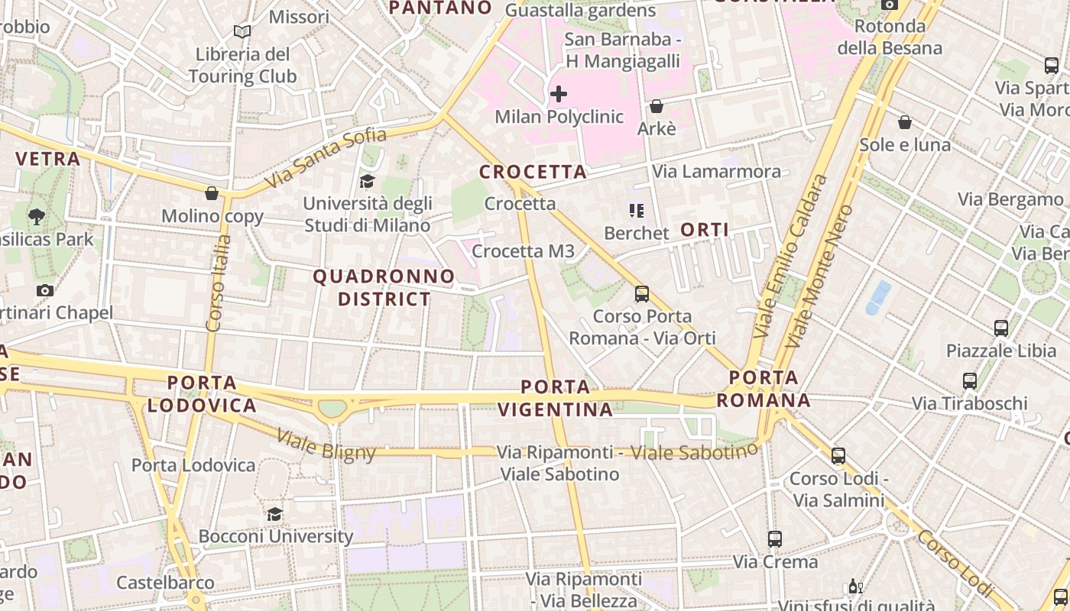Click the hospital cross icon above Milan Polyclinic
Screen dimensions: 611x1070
click(x=559, y=94)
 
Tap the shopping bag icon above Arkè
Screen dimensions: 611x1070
click(x=656, y=106)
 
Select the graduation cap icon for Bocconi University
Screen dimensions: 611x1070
click(x=275, y=514)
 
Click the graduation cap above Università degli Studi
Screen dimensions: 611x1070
click(x=368, y=181)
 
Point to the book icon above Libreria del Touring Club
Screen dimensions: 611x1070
click(x=242, y=32)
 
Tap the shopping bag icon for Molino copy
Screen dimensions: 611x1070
click(x=212, y=193)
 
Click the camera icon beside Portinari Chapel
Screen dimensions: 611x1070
click(x=45, y=290)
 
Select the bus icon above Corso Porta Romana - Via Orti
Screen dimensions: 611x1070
click(x=642, y=293)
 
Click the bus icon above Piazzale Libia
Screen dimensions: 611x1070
click(x=1001, y=328)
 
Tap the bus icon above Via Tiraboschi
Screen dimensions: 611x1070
click(x=970, y=380)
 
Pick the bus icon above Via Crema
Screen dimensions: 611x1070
click(x=775, y=539)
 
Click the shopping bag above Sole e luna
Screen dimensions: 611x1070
click(x=905, y=122)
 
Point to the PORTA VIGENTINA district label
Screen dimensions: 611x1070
click(x=556, y=398)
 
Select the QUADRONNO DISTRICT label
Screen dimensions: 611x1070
click(x=384, y=287)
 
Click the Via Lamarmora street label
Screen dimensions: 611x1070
click(x=717, y=171)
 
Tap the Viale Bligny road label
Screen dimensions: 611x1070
click(x=326, y=445)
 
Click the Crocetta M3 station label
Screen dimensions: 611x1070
click(x=524, y=251)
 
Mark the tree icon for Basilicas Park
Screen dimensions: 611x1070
click(x=36, y=216)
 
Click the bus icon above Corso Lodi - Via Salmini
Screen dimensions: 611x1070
click(x=838, y=456)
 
